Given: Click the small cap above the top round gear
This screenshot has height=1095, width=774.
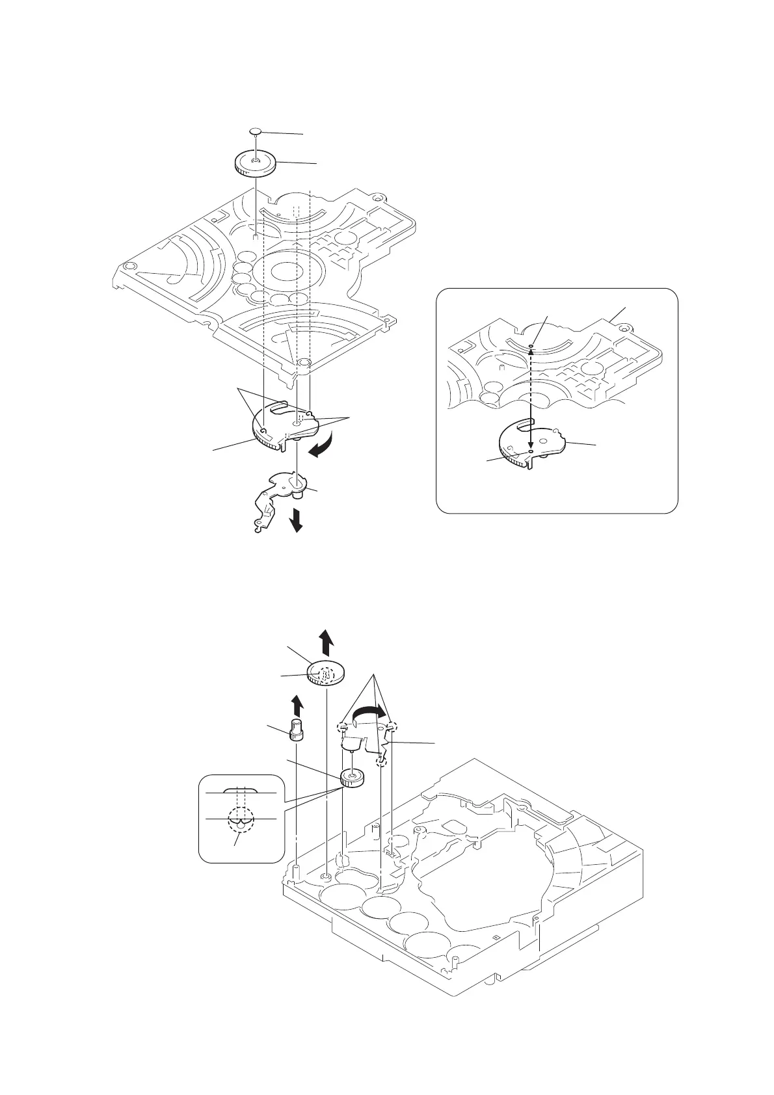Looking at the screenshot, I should click(256, 131).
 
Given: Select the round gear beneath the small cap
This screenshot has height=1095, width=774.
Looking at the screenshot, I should click(255, 163).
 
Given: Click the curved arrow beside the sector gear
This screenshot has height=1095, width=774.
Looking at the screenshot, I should click(323, 447).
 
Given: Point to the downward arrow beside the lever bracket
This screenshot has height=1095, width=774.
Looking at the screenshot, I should click(297, 520).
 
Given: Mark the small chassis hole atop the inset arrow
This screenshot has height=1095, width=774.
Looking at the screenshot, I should click(531, 346).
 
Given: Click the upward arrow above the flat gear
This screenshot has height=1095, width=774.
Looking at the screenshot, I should click(327, 643).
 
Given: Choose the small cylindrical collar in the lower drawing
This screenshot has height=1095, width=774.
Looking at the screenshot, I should click(297, 731).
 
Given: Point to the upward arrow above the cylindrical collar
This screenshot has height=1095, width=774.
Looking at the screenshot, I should click(297, 705).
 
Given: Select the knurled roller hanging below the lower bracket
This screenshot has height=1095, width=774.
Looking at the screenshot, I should click(351, 777).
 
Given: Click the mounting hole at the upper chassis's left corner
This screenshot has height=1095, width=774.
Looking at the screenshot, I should click(129, 267).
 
